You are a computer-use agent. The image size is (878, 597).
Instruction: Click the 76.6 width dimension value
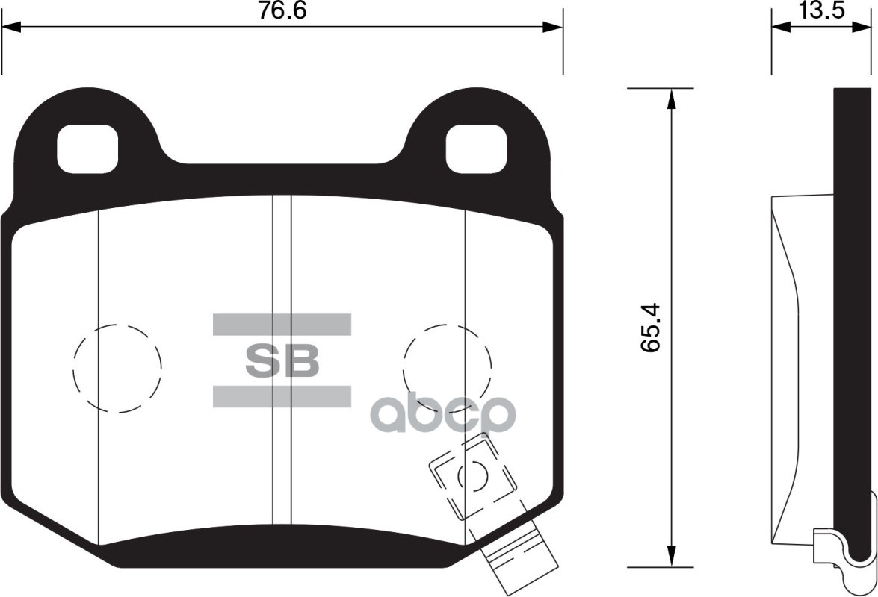(x=282, y=10)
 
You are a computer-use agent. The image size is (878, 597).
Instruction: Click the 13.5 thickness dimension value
(x=821, y=10)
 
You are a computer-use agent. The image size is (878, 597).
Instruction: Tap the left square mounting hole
(x=88, y=147)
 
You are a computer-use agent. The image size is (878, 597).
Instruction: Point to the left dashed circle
(x=117, y=369)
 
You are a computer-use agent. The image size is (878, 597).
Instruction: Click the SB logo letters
(x=282, y=361)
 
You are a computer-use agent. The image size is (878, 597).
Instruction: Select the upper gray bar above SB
(x=282, y=324)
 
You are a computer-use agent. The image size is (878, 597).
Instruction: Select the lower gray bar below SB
(x=282, y=397)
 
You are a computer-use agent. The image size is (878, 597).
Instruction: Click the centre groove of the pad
(x=281, y=358)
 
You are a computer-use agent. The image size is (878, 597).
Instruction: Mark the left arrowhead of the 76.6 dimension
(x=12, y=27)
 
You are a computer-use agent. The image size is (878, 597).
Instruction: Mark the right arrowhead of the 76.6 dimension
(x=553, y=27)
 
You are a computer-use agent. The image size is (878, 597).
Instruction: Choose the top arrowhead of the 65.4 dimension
(x=672, y=99)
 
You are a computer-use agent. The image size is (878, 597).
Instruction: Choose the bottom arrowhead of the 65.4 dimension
(x=672, y=557)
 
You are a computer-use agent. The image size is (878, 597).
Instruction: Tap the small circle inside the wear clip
(x=472, y=475)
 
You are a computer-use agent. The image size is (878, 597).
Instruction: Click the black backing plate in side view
(x=852, y=298)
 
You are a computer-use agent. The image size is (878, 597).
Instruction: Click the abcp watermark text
(x=444, y=414)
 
